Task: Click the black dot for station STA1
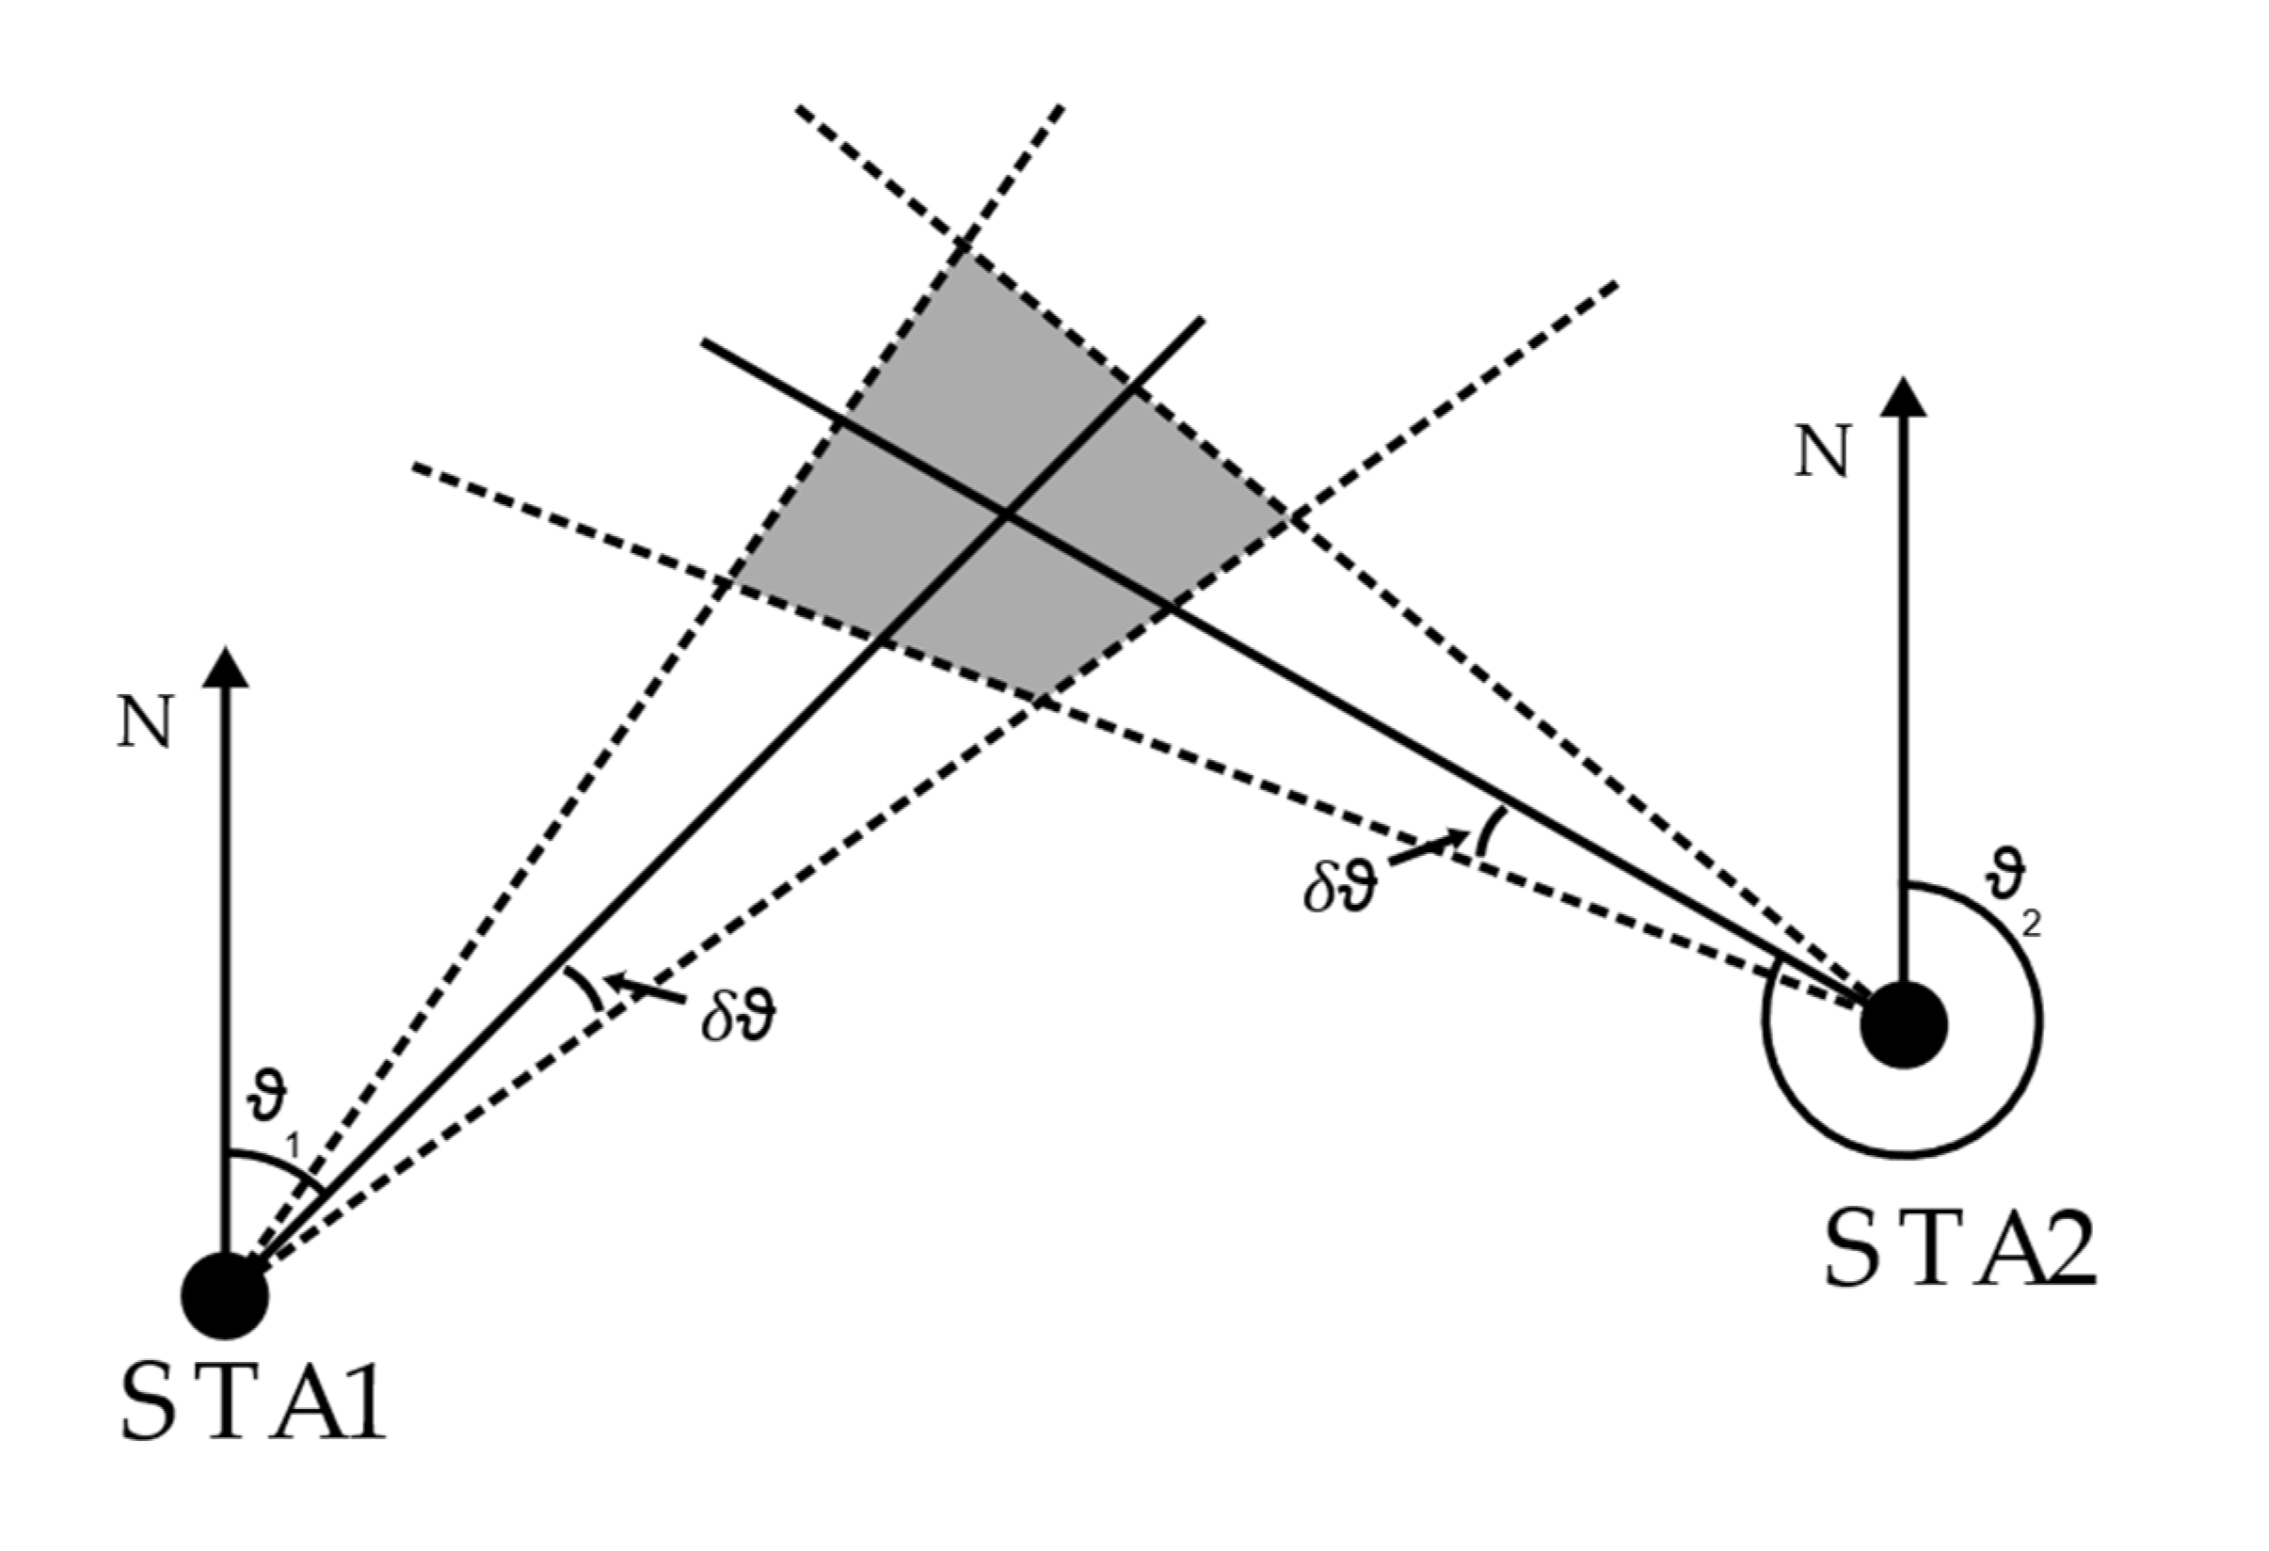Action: click(226, 1295)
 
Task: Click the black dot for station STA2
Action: click(1904, 1025)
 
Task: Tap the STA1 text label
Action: click(253, 1401)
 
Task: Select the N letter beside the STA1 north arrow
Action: click(145, 722)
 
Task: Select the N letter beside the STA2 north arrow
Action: click(1823, 451)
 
